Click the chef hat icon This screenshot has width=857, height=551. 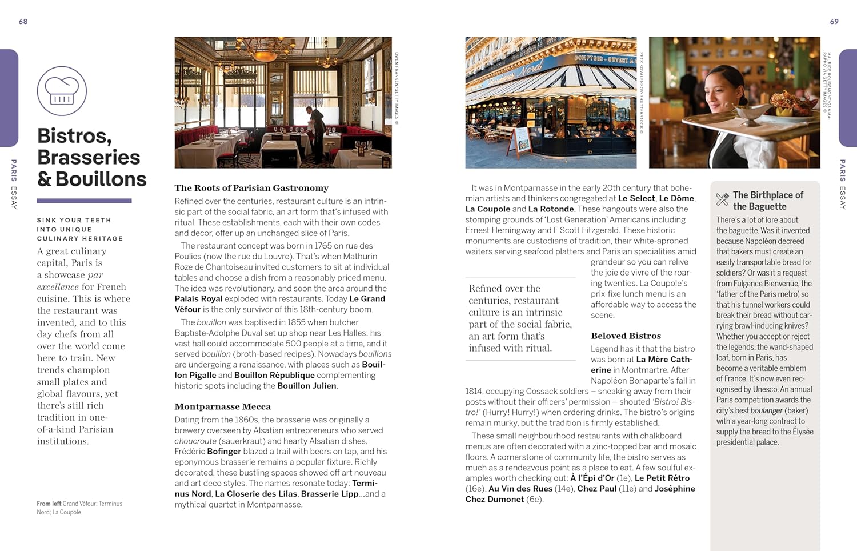pyautogui.click(x=62, y=91)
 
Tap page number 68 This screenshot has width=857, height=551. pyautogui.click(x=23, y=22)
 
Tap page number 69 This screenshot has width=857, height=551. pyautogui.click(x=834, y=22)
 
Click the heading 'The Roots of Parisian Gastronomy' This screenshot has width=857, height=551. pyautogui.click(x=251, y=188)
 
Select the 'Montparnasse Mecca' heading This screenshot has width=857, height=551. pyautogui.click(x=223, y=406)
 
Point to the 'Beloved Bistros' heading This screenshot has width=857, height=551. pyautogui.click(x=626, y=336)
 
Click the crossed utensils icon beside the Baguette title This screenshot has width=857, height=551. pyautogui.click(x=722, y=199)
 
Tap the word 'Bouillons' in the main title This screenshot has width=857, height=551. pyautogui.click(x=101, y=179)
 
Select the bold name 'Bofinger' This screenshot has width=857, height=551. pyautogui.click(x=223, y=452)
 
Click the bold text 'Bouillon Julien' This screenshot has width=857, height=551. pyautogui.click(x=307, y=386)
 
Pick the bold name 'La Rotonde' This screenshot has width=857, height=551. pyautogui.click(x=551, y=209)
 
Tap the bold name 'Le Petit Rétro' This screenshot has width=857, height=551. pyautogui.click(x=662, y=478)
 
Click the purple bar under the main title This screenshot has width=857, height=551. pyautogui.click(x=84, y=201)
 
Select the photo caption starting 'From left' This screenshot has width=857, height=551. pyautogui.click(x=79, y=508)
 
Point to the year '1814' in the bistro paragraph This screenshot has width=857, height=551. pyautogui.click(x=474, y=392)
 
